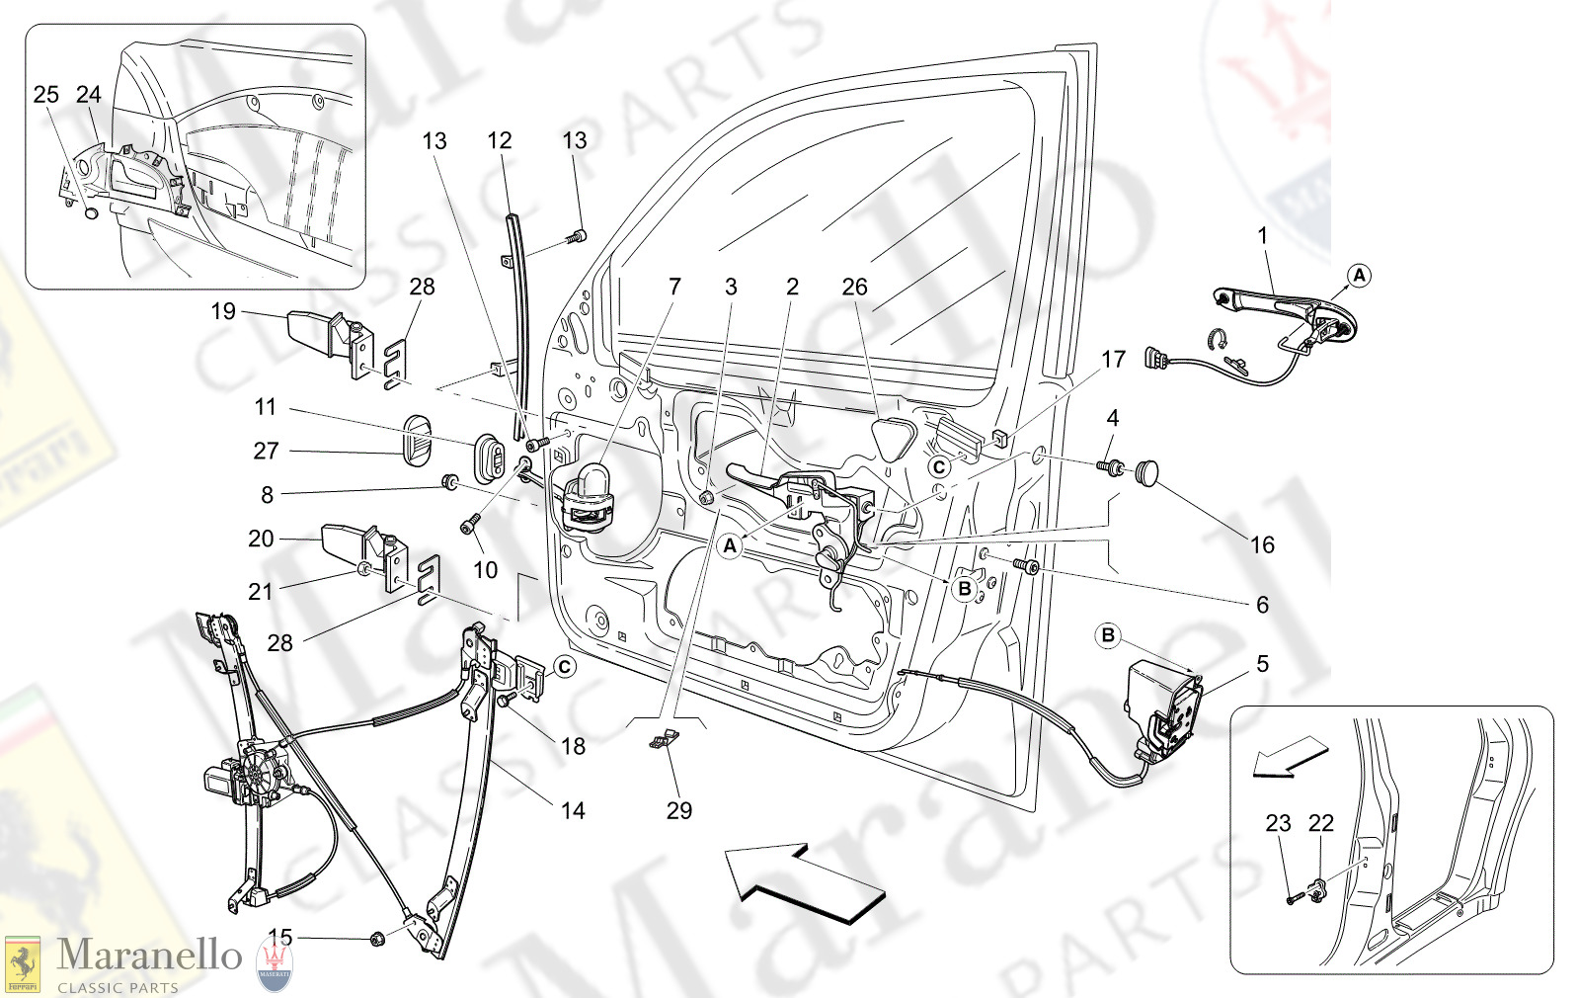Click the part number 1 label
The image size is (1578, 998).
1262,235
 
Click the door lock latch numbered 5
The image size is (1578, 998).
1165,707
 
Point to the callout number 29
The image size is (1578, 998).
678,810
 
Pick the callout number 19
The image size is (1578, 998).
223,311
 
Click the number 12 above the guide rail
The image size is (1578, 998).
500,140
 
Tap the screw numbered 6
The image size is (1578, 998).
1027,565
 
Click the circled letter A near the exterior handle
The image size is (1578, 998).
1359,276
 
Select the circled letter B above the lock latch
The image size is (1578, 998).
1108,635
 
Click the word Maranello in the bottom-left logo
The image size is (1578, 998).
149,955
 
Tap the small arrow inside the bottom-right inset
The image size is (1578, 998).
1289,759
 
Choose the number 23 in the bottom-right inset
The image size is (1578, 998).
1278,823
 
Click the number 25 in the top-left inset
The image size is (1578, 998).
45,94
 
